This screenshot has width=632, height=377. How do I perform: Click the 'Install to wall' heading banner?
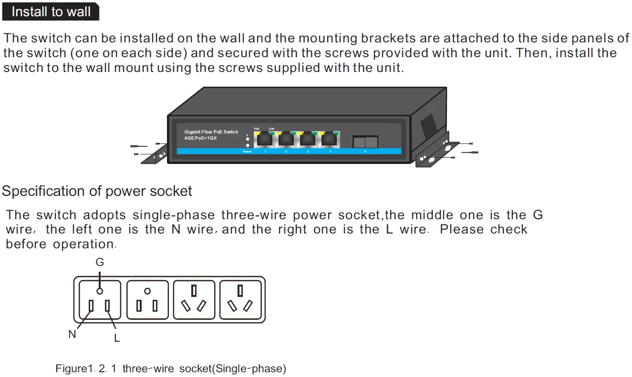pos(51,12)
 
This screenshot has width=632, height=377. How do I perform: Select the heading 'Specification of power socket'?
pos(97,192)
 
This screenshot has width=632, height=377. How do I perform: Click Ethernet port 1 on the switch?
pos(264,139)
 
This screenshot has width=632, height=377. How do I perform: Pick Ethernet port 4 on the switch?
pos(330,139)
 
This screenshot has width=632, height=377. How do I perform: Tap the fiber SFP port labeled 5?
pos(365,142)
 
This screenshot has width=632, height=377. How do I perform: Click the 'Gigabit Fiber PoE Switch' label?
pos(211,132)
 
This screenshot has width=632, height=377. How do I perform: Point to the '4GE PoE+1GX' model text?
pos(201,138)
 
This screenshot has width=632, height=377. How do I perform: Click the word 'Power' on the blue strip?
pos(247,152)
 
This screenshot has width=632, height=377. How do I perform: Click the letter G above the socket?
pos(100,263)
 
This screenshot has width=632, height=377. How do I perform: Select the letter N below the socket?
pos(72,334)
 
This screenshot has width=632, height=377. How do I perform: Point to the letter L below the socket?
pos(117,338)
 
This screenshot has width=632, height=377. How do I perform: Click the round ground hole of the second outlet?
pos(147,291)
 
